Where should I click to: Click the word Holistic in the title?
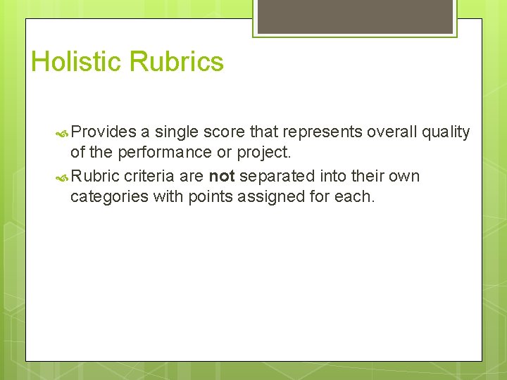tap(76, 62)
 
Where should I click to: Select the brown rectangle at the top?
tap(356, 15)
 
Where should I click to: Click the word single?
tap(176, 132)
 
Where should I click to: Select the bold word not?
tap(221, 176)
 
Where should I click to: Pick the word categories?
tap(109, 197)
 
